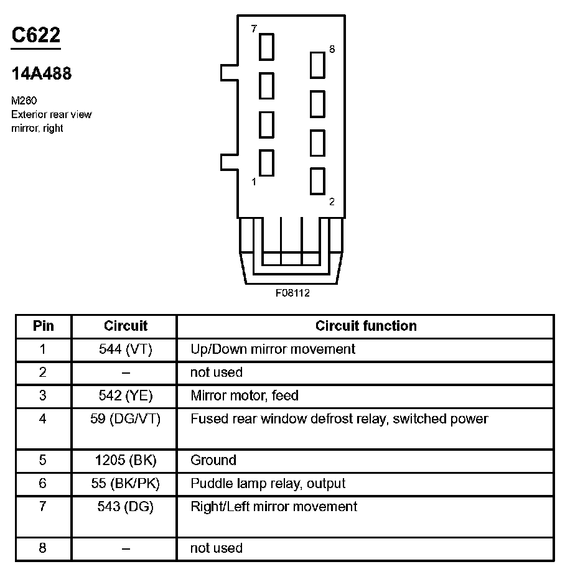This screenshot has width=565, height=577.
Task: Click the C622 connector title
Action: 36,35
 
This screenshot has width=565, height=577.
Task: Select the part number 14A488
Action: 42,74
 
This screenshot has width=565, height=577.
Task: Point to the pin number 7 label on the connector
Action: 254,29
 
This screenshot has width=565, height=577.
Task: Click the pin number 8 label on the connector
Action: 332,49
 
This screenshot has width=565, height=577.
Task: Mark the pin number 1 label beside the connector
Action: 254,182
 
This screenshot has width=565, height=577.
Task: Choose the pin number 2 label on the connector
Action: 332,201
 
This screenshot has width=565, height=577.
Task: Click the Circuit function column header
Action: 366,326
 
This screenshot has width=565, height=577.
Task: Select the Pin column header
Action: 44,326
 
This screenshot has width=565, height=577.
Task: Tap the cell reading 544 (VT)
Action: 126,349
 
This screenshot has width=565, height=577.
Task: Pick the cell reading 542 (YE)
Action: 126,395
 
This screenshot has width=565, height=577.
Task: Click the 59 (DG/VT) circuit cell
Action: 126,419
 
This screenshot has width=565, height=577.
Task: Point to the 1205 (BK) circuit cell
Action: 126,461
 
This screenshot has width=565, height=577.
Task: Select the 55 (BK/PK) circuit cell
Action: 126,484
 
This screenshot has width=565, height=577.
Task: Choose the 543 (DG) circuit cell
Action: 126,507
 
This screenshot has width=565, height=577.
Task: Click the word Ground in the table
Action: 213,461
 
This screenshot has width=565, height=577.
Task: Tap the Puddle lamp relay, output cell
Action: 268,484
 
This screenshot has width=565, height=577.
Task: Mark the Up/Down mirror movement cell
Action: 273,349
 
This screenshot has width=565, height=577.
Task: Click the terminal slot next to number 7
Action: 267,47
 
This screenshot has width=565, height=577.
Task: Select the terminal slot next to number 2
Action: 317,181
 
